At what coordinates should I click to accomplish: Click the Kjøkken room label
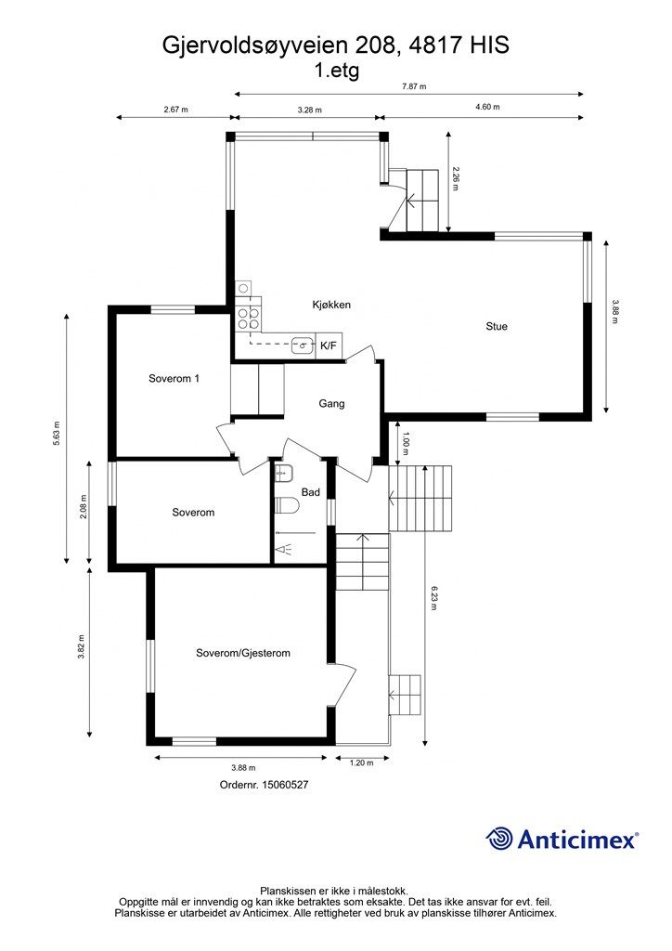click(331, 305)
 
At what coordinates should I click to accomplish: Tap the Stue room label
click(497, 326)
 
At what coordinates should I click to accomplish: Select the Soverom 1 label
click(174, 379)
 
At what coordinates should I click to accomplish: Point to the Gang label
click(331, 403)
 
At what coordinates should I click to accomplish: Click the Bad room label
click(310, 492)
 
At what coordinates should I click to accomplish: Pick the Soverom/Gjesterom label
click(243, 653)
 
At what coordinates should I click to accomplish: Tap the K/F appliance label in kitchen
click(328, 345)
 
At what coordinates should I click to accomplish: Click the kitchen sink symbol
click(303, 345)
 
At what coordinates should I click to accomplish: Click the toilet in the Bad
click(287, 504)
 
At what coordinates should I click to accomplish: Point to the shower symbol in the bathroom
click(284, 550)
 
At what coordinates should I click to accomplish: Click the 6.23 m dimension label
click(433, 597)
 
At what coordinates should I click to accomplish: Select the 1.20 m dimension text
click(361, 763)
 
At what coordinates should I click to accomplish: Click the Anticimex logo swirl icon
click(499, 839)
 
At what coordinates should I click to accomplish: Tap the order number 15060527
click(285, 784)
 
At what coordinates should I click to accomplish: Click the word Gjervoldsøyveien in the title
click(255, 46)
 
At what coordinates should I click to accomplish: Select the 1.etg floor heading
click(336, 71)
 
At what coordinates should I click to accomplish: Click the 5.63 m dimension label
click(57, 434)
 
